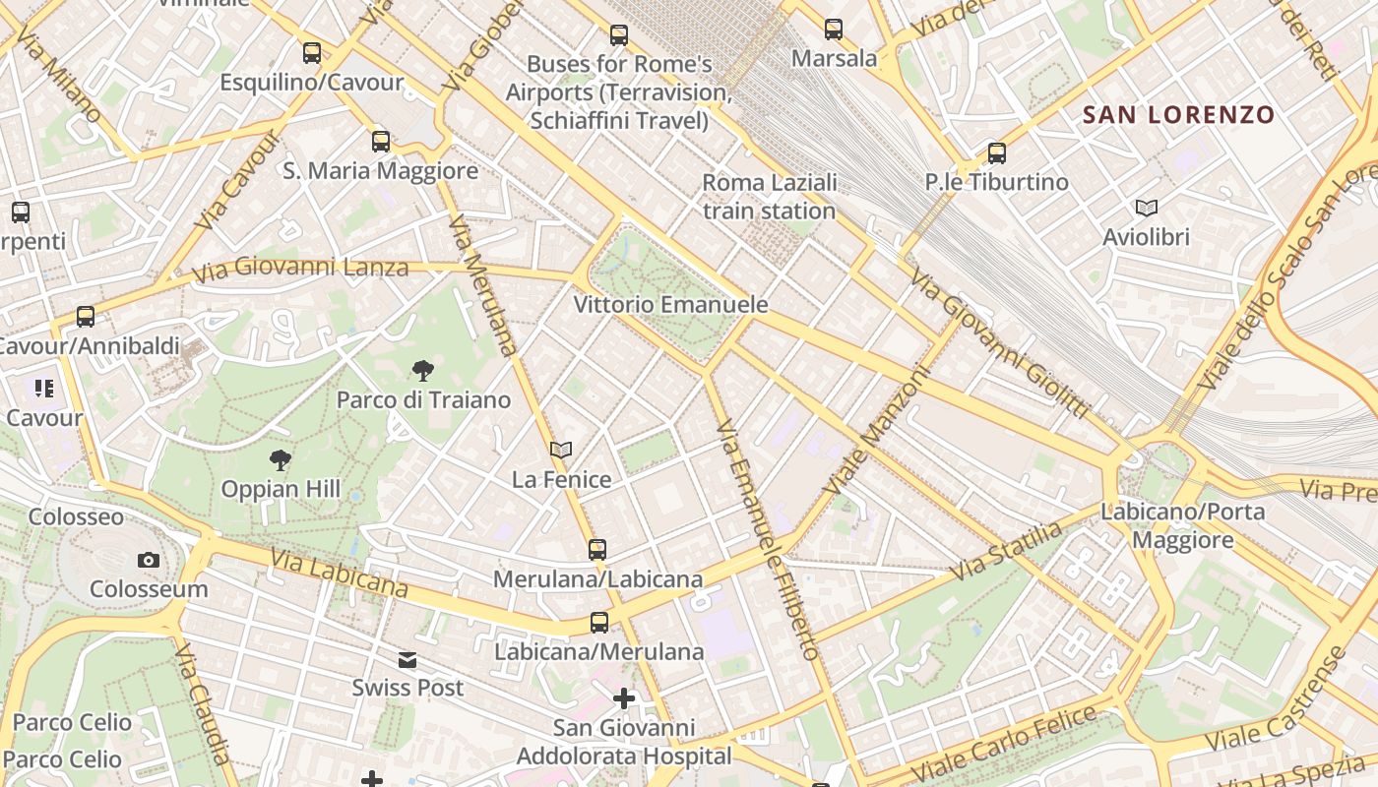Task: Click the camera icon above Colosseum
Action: [149, 560]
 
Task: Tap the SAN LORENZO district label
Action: [1178, 115]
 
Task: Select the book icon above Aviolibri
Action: [1146, 208]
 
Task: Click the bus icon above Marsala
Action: [834, 30]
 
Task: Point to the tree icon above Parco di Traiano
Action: [423, 371]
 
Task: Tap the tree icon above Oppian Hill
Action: [281, 459]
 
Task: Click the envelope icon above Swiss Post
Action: [407, 659]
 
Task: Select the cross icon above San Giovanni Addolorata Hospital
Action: [624, 698]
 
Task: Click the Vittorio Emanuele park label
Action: [670, 304]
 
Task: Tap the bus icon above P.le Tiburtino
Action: [997, 152]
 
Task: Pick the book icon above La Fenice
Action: [561, 451]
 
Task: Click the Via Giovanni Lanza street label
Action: [300, 269]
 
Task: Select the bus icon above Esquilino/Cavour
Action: [312, 52]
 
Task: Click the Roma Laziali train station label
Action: [769, 197]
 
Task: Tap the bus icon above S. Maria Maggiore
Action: [381, 141]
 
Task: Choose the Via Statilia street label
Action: [1006, 551]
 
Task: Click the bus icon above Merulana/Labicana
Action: [597, 549]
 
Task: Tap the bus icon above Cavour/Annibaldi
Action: [86, 317]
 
